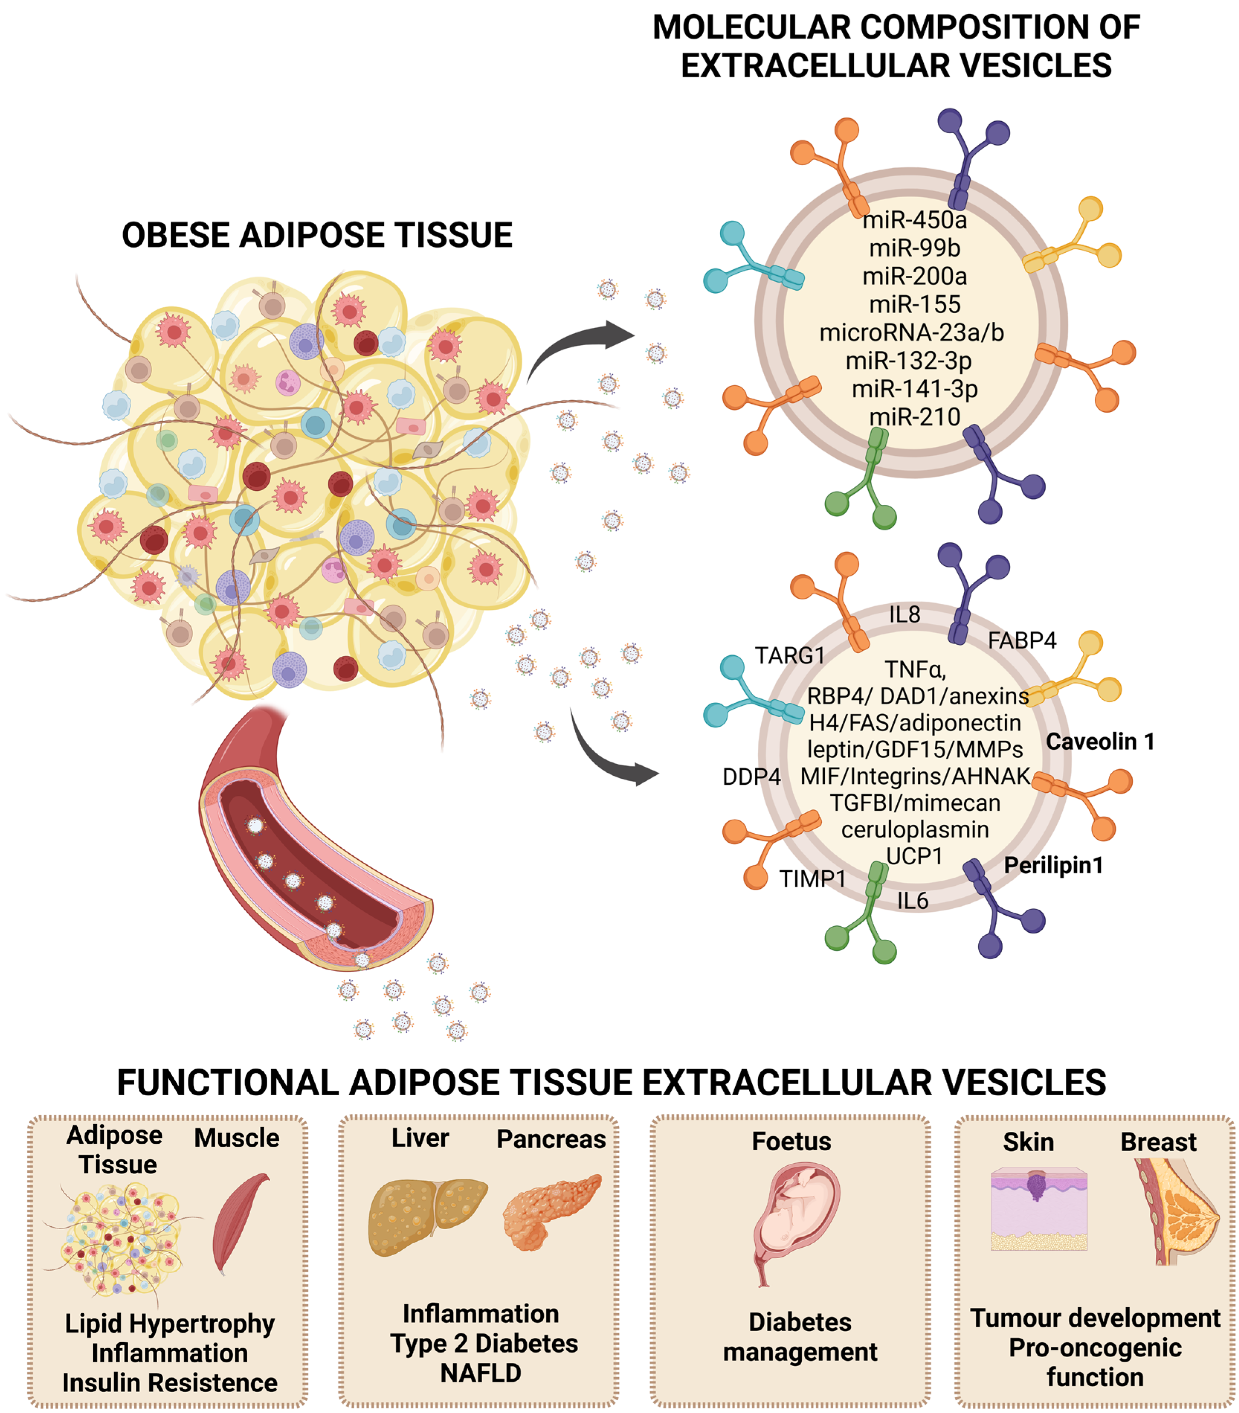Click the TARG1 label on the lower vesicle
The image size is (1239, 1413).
pyautogui.click(x=789, y=655)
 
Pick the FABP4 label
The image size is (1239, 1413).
pyautogui.click(x=1021, y=641)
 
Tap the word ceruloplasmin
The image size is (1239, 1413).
pyautogui.click(x=914, y=830)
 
